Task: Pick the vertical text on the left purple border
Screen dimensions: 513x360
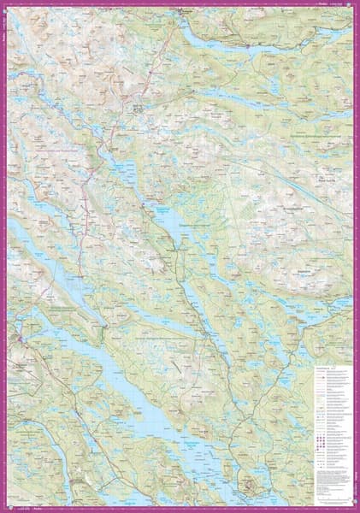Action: [x=3, y=34]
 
